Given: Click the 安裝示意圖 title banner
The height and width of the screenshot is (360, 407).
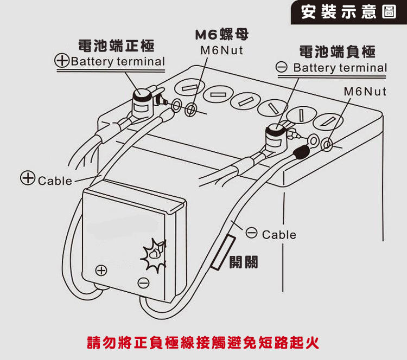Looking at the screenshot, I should click(349, 12).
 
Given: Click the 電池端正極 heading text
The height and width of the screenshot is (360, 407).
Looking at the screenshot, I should click(116, 44).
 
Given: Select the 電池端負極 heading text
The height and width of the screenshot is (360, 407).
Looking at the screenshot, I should click(338, 52).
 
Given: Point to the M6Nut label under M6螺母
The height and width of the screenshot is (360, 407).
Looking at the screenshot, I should click(221, 50).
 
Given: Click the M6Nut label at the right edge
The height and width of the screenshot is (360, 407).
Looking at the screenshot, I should click(365, 91).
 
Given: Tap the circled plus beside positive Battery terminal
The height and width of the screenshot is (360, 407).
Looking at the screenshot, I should click(62, 61).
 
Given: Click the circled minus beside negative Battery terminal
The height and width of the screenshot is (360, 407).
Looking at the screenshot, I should click(281, 68).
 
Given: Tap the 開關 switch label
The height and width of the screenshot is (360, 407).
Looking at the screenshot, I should click(243, 262).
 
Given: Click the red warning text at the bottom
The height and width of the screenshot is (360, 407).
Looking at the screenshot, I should click(203, 343).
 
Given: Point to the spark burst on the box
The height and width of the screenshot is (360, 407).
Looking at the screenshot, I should click(153, 254).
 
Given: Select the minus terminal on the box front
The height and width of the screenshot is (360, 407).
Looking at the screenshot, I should click(143, 282).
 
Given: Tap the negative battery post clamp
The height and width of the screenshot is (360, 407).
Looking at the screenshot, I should click(277, 137).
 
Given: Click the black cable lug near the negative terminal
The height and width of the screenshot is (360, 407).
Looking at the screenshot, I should click(300, 150).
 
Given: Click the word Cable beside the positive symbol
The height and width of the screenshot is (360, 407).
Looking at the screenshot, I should click(55, 181).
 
